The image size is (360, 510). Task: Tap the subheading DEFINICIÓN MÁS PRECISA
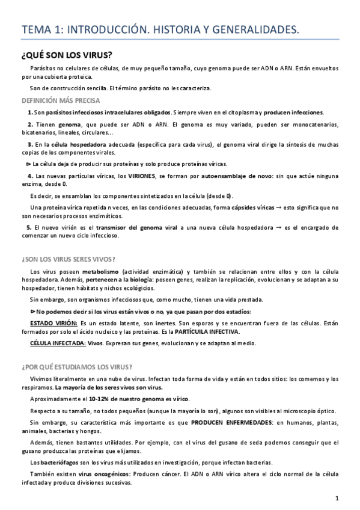(61, 100)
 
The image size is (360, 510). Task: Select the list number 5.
(29, 228)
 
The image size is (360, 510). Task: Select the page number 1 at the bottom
(338, 497)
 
